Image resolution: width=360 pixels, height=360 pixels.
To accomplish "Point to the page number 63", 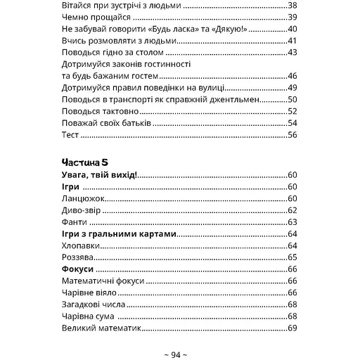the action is click(x=292, y=221).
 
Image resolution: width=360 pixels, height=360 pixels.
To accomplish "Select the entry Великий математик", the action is click(x=102, y=328).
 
